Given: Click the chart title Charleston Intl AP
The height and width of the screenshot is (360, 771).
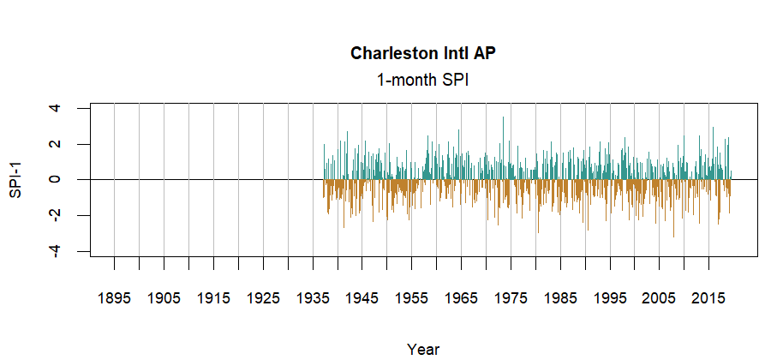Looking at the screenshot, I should tap(423, 54).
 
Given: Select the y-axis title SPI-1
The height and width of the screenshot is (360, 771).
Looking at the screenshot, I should tap(15, 179).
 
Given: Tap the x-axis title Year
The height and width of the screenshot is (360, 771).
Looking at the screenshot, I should tap(423, 349).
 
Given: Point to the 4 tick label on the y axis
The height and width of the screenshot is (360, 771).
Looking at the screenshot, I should tap(56, 108).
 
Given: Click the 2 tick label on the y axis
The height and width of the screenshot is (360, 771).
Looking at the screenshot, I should tap(56, 144).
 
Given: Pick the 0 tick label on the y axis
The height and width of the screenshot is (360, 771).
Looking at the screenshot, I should tap(56, 179).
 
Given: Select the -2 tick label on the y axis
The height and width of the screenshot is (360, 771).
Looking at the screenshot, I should tap(56, 215).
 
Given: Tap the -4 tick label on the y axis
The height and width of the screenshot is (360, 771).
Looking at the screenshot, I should tap(56, 251).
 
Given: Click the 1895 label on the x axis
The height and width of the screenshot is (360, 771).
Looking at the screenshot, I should tap(114, 298).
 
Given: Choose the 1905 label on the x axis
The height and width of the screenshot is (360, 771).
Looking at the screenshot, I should tap(164, 298).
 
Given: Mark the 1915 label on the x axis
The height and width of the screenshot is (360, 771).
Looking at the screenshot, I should tap(213, 298).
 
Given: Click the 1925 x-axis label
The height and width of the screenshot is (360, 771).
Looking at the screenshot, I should tap(263, 298).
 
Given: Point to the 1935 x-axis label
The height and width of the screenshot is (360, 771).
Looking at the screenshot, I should tap(313, 298).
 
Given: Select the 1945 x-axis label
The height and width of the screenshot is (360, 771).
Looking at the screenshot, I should tap(362, 298).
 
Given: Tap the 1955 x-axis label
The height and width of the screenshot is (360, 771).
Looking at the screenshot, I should tap(412, 298).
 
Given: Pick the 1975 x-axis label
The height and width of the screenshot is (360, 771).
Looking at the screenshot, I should tap(511, 298).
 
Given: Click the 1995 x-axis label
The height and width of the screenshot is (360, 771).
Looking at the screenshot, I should tap(610, 298).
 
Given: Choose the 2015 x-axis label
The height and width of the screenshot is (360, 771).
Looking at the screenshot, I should tap(709, 298).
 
